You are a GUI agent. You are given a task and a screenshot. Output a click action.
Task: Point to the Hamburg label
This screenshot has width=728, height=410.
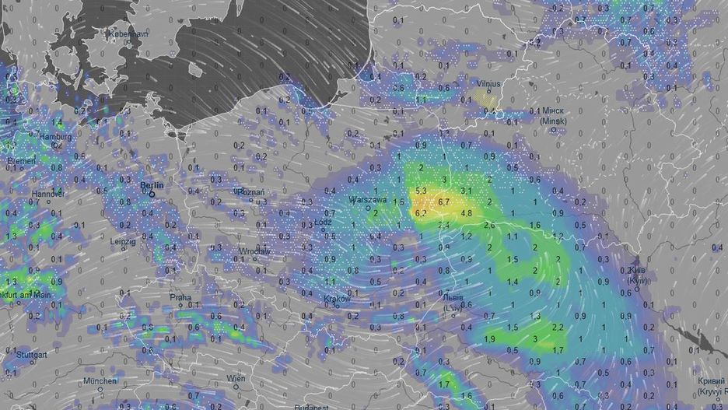click(x=55, y=137)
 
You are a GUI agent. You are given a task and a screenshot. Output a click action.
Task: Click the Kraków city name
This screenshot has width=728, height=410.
click(x=337, y=298)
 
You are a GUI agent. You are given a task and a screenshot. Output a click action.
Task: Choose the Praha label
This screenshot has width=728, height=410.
click(x=180, y=297)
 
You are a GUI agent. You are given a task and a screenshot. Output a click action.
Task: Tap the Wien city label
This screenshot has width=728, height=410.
click(x=235, y=378)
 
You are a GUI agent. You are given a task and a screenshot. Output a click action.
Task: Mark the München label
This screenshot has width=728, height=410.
click(x=101, y=381)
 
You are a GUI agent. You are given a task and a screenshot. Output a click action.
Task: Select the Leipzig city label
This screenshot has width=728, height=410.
click(x=122, y=241)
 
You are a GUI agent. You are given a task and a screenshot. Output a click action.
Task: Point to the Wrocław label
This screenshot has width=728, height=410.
click(x=254, y=251)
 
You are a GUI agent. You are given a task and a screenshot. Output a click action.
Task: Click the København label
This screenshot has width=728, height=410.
click(x=107, y=34)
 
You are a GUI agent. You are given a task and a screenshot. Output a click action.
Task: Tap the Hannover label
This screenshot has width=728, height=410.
click(x=47, y=193)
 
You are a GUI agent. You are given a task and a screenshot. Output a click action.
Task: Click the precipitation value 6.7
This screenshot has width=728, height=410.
click(x=445, y=201)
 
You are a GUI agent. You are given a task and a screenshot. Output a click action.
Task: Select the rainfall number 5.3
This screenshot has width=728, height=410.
click(x=422, y=191)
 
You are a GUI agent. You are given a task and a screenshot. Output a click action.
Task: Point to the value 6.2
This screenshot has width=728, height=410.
click(x=422, y=212)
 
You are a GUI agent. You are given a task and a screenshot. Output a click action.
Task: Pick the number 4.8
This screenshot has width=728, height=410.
click(x=467, y=212)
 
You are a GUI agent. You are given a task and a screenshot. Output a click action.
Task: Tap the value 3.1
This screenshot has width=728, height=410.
click(x=467, y=191)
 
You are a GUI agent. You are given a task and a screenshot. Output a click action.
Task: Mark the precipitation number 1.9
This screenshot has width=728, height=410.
click(x=490, y=339)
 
